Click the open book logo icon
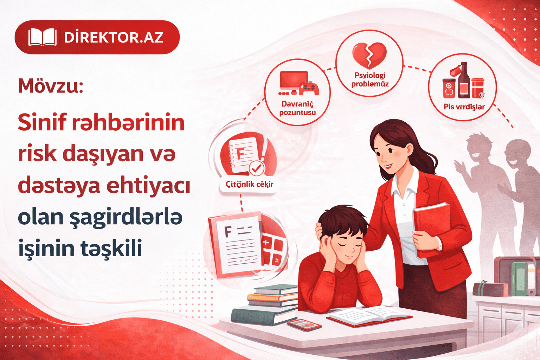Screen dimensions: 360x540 (42, 37)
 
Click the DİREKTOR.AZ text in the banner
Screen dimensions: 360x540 (114, 37)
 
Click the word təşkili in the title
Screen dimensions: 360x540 (111, 248)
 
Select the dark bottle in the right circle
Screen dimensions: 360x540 (464, 81)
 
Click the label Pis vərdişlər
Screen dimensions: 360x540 (464, 107)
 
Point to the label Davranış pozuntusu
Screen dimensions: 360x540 (297, 108)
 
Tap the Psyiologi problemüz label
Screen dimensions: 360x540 (370, 80)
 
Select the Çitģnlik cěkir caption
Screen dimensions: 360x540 (249, 184)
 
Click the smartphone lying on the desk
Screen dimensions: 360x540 (304, 324)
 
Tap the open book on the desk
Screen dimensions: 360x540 (369, 315)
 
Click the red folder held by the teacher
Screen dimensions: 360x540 (432, 221)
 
